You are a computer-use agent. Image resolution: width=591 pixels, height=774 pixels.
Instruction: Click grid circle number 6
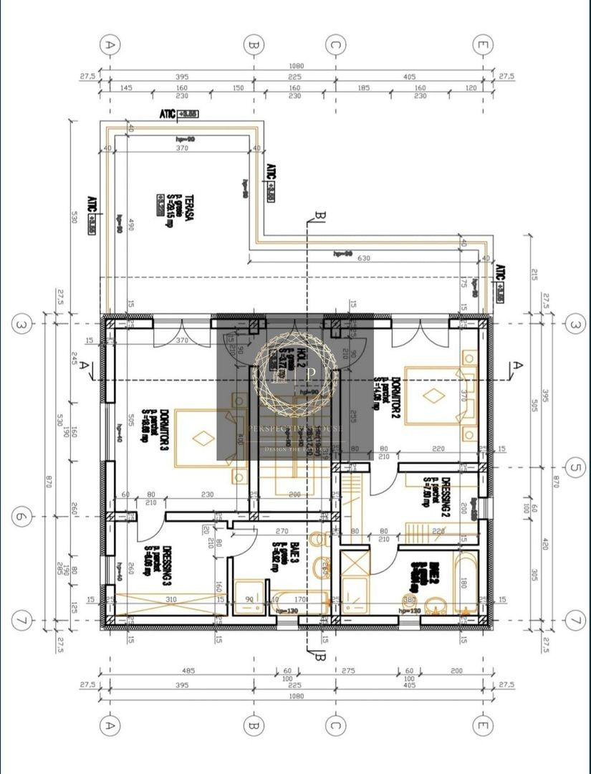click(x=22, y=516)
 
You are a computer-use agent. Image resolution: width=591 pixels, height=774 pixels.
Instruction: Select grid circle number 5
click(x=573, y=469)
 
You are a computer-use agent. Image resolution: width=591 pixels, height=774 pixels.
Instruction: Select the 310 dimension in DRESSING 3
click(x=170, y=599)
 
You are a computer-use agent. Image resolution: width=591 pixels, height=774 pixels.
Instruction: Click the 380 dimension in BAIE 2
click(x=410, y=599)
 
